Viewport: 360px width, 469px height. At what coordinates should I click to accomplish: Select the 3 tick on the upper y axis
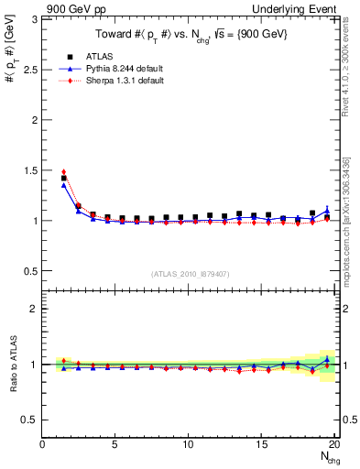[34, 19]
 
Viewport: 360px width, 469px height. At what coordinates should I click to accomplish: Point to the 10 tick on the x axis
[189, 444]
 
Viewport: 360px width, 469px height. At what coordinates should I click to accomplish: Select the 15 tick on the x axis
[262, 444]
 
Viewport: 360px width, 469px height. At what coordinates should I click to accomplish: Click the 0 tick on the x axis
[43, 444]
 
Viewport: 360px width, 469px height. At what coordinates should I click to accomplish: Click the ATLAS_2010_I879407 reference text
[190, 274]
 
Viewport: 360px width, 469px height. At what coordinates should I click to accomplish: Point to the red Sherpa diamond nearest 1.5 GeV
[63, 171]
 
